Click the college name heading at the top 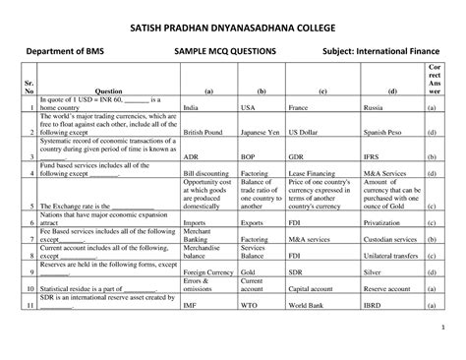(x=233, y=19)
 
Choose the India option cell (x=192, y=106)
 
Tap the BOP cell (x=248, y=155)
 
